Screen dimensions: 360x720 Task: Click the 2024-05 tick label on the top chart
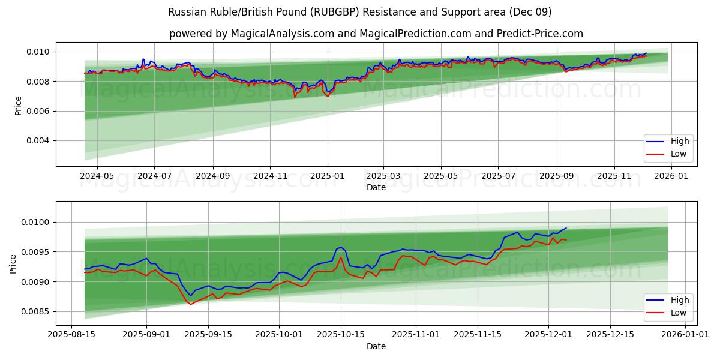click(97, 176)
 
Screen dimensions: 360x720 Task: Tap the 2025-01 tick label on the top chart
click(328, 176)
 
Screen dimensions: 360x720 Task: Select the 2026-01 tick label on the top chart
click(670, 176)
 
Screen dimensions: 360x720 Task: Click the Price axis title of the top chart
click(19, 105)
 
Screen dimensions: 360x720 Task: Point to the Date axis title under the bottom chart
click(376, 346)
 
